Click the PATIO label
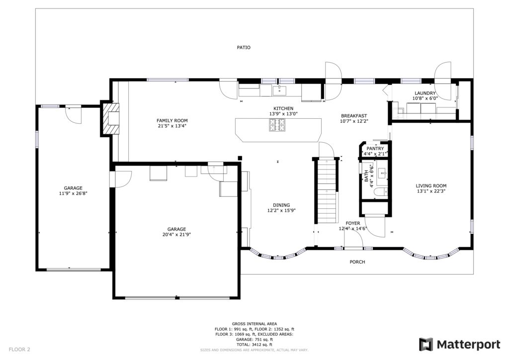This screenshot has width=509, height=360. (x=244, y=47)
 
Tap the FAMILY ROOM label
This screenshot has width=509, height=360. (x=172, y=121)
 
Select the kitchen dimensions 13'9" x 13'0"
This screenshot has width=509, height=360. (x=283, y=113)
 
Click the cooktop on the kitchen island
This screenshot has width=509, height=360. (x=277, y=125)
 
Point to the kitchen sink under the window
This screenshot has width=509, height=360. (x=279, y=90)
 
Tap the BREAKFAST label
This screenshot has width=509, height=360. (x=354, y=116)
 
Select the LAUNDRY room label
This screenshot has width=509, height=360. (x=425, y=93)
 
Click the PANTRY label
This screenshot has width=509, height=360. (x=375, y=149)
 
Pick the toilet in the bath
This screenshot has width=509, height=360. (x=380, y=192)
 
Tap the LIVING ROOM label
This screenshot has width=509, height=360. (x=431, y=186)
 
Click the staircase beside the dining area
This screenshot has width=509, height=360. (x=327, y=191)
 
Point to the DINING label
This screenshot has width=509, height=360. (x=281, y=205)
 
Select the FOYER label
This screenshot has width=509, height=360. (x=352, y=223)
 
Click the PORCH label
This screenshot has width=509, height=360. (x=357, y=262)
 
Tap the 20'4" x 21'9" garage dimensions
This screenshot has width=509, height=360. (x=176, y=234)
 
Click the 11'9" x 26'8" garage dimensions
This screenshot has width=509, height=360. (x=73, y=193)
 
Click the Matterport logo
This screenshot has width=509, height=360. (x=459, y=345)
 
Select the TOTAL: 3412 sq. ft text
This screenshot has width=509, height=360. (x=254, y=345)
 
